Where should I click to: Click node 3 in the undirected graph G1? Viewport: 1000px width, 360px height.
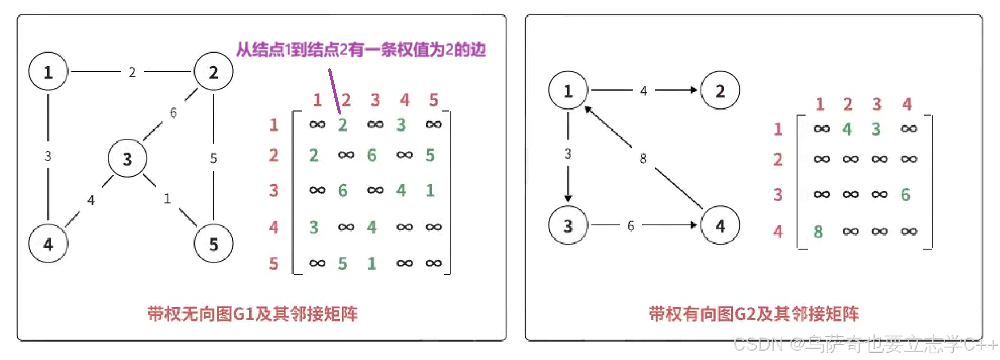(128, 158)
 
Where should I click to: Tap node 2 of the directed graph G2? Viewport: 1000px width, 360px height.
(720, 90)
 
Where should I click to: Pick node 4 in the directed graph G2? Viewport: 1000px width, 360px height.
(720, 225)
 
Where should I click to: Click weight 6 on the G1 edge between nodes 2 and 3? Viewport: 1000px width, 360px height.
(173, 113)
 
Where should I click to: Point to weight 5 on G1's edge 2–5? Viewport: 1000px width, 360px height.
(213, 158)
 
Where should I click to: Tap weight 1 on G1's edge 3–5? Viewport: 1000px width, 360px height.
(167, 198)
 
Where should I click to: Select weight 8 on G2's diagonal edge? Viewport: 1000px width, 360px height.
(643, 158)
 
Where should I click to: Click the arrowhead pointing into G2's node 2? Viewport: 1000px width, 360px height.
(693, 90)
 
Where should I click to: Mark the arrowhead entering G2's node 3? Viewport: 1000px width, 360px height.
(568, 198)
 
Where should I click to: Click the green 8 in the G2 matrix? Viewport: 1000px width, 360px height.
(818, 232)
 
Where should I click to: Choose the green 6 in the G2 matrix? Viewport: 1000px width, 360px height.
(906, 195)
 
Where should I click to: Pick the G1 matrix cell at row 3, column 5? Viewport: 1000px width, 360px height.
(430, 190)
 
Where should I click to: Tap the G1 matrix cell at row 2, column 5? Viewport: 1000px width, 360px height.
(430, 155)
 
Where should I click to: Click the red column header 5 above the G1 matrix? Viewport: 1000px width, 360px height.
(433, 100)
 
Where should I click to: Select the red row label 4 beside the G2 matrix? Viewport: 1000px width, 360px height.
(778, 232)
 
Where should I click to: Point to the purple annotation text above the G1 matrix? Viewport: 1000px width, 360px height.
(361, 49)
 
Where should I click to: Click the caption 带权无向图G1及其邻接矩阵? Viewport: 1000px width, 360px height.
(252, 314)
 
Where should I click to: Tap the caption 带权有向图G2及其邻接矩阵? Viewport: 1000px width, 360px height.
(754, 314)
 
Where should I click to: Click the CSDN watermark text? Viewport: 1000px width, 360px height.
(864, 345)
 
